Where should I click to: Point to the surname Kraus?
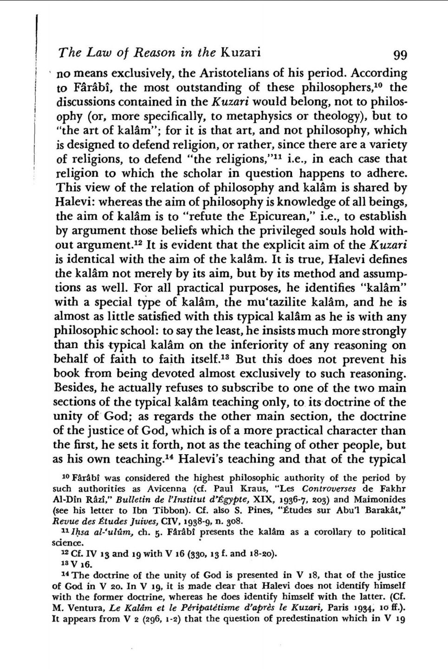237,489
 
